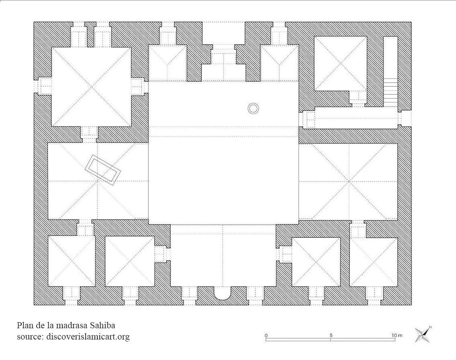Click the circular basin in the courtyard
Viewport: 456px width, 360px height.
(x=253, y=108)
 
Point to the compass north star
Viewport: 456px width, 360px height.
(x=422, y=335)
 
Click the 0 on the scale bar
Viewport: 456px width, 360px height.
(x=266, y=335)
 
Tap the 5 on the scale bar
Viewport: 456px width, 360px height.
(x=331, y=335)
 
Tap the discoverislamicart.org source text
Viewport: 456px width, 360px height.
(x=88, y=337)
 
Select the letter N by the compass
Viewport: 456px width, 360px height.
(x=430, y=327)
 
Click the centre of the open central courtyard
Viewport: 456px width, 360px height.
(x=223, y=153)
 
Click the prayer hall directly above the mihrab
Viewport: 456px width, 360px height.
(x=223, y=256)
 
